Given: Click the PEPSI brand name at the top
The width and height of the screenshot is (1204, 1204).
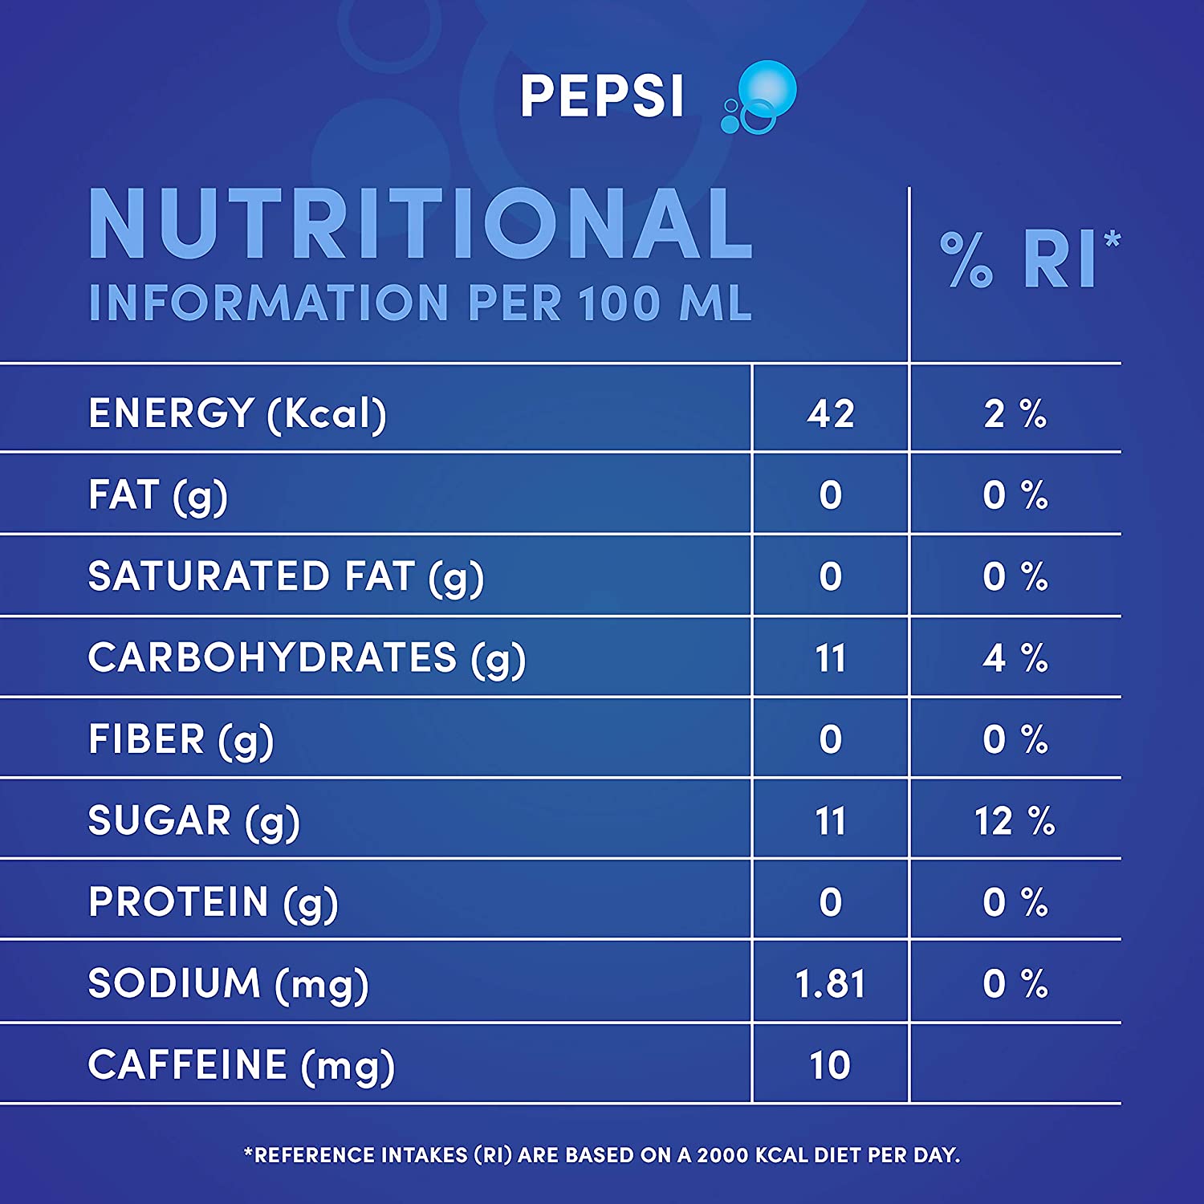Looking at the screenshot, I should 602,96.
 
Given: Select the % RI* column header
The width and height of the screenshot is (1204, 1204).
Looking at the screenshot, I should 1029,259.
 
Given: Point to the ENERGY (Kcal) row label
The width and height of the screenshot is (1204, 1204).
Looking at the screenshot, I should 238,414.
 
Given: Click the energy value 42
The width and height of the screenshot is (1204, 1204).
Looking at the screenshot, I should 831,414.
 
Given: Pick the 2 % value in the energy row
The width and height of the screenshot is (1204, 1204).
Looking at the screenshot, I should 1015,414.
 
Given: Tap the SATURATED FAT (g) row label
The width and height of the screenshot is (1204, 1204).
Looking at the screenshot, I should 286,577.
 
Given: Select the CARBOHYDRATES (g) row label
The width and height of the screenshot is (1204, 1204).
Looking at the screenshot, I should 307,658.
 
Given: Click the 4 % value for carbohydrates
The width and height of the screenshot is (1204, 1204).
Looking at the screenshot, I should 1015,658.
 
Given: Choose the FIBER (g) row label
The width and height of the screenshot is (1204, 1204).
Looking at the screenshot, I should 181,740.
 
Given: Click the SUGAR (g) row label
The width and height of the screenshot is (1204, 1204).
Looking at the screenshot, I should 194,821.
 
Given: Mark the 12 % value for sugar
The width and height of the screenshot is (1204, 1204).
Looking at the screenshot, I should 1015,821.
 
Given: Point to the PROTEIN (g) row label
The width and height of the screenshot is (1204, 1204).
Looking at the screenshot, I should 214,903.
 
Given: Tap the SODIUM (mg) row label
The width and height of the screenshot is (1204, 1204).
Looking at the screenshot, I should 228,984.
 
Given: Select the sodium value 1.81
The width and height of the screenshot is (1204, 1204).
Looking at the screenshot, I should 831,984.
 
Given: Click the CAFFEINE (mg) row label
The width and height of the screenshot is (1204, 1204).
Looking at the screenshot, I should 241,1066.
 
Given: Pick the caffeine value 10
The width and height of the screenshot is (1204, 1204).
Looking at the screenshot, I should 830,1066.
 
